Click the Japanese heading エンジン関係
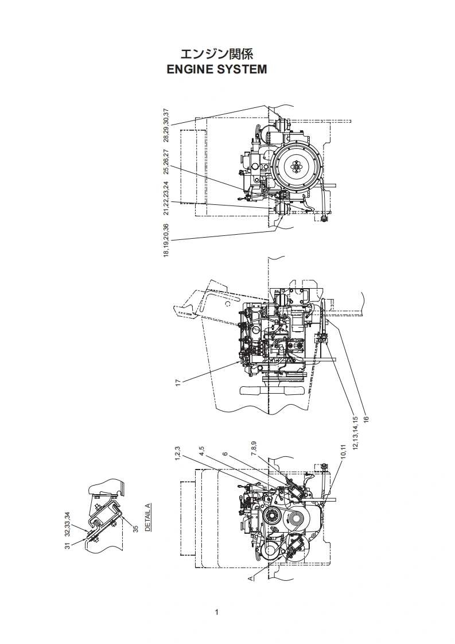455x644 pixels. (x=217, y=54)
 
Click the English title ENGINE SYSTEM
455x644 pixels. (x=217, y=69)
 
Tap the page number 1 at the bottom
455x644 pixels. (x=216, y=612)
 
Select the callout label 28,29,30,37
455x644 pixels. (x=166, y=125)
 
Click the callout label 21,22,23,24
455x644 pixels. (x=166, y=198)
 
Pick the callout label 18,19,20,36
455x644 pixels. (x=166, y=240)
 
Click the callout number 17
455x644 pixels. (x=178, y=382)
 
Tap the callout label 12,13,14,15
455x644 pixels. (x=355, y=433)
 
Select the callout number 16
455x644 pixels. (x=366, y=419)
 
